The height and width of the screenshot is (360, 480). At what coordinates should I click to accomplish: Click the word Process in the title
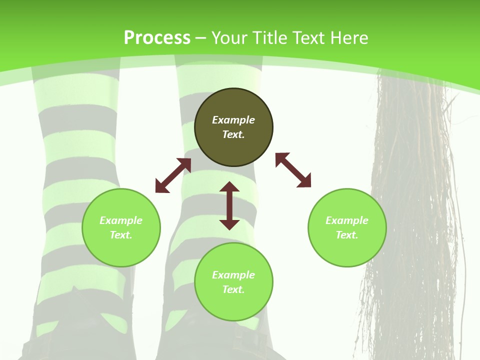(x=157, y=38)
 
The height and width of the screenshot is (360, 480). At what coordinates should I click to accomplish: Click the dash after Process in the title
(x=201, y=38)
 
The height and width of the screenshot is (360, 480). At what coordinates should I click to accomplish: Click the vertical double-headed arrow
(x=229, y=205)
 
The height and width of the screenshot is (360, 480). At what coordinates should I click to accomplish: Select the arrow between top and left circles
(x=173, y=175)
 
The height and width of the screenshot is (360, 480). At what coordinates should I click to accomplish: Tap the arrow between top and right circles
(x=293, y=170)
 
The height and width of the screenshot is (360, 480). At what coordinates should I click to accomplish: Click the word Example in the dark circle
(x=233, y=120)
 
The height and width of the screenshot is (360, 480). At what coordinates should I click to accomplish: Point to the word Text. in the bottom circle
(x=233, y=289)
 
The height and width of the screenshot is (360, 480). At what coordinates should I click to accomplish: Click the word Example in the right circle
(x=347, y=220)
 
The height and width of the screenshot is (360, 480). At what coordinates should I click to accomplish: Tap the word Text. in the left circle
(x=121, y=235)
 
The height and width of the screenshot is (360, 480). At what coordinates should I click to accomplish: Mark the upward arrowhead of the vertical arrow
(x=229, y=186)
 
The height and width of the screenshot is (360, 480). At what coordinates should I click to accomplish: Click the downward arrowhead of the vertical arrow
(x=229, y=224)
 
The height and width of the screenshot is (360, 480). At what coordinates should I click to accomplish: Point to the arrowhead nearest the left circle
(x=161, y=187)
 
